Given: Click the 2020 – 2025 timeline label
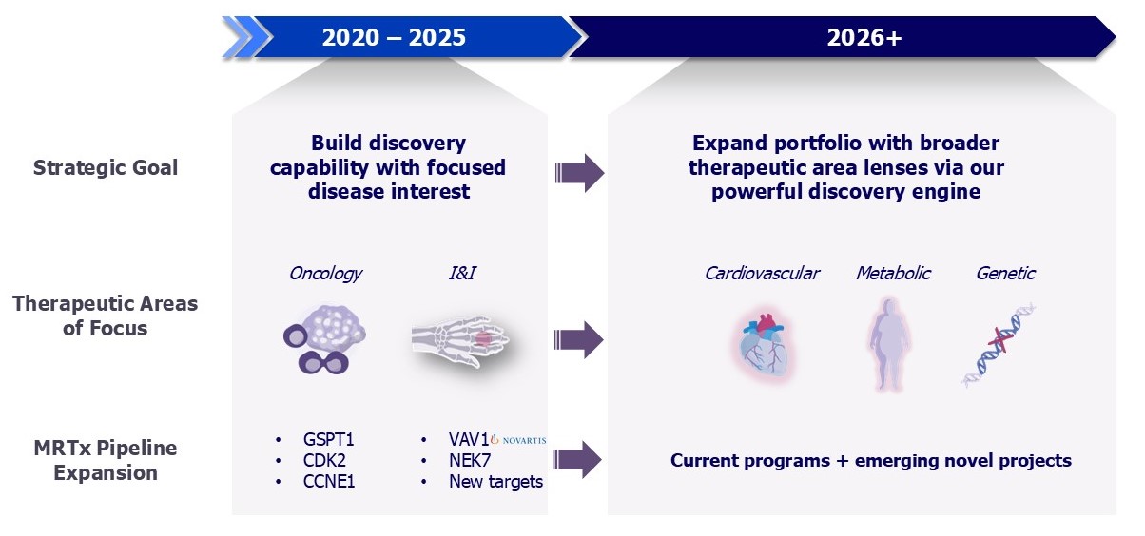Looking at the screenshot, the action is tap(394, 37).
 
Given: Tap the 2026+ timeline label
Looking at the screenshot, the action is tap(864, 37).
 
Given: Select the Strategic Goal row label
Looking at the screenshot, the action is tap(106, 167).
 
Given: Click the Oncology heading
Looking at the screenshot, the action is tap(325, 274).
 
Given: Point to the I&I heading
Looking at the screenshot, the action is tap(462, 273).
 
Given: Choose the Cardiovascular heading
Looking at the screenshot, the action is tap(762, 274).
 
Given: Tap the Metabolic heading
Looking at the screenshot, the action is tap(893, 274).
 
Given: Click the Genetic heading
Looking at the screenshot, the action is tap(1005, 274).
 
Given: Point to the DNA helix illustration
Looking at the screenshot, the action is tap(999, 344).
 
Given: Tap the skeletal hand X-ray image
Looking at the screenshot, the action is tap(460, 341).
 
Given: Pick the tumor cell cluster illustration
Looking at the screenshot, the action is tap(324, 339).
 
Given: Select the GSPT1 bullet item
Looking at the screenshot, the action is tap(328, 439).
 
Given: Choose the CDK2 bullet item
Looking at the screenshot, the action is tap(324, 460).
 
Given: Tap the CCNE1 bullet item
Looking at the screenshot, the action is tap(329, 481).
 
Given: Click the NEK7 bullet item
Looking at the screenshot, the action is tap(469, 460).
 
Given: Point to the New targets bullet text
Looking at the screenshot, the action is tap(495, 481).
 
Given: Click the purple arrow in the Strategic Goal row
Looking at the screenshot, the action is tap(580, 173).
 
